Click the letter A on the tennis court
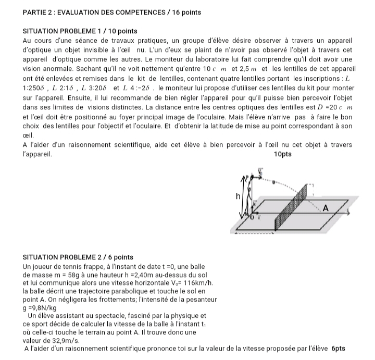tap(327, 208)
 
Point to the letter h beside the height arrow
tap(239, 197)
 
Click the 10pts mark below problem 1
tap(283, 154)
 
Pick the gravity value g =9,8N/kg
tap(47, 307)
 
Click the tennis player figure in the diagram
tap(252, 195)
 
